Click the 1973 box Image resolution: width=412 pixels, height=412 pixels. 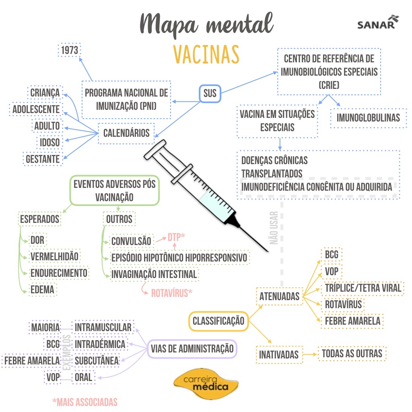[70, 50]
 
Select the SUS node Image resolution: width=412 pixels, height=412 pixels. [210, 94]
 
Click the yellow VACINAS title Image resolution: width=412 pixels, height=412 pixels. [206, 54]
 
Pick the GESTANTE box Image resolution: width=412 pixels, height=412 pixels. [43, 159]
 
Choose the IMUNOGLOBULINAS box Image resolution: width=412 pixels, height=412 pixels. [368, 117]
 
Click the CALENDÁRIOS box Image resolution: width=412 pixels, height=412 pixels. [126, 133]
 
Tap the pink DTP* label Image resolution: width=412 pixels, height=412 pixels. [176, 237]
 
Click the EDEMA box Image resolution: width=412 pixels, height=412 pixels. [42, 289]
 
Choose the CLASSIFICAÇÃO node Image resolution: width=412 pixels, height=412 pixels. [218, 321]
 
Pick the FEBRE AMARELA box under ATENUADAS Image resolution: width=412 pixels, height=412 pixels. [352, 321]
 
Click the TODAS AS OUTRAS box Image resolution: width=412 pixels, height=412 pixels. [352, 354]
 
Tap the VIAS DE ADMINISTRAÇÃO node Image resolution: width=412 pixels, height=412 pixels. [192, 348]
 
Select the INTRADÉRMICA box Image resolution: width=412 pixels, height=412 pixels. [100, 344]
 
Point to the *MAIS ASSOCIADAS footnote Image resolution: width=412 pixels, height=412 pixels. [85, 402]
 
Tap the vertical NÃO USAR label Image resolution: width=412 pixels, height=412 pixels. [274, 228]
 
